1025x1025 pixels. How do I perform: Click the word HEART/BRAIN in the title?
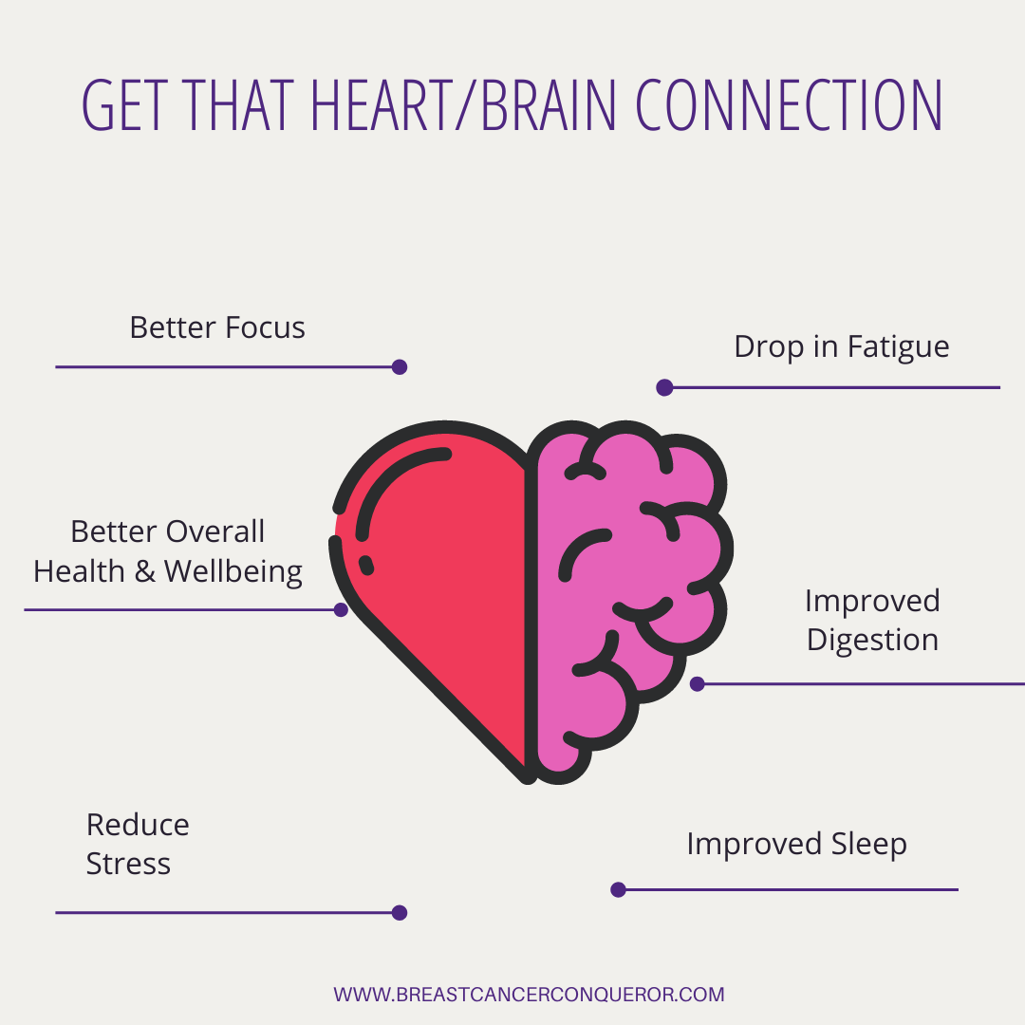coord(463,104)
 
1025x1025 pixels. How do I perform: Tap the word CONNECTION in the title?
coord(789,104)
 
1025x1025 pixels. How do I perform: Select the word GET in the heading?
coord(122,104)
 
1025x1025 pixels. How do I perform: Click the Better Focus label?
coord(217,327)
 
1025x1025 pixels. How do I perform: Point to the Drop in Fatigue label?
coord(841,347)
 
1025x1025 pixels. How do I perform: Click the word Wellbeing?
coord(233,572)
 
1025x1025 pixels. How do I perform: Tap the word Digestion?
coord(873,640)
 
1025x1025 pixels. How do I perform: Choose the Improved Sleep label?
coord(797,845)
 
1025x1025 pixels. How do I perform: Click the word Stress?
coord(128,865)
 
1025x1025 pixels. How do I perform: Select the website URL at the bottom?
coord(529,995)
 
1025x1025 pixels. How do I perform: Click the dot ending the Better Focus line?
coord(400,366)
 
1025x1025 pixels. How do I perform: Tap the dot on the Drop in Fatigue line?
coord(664,387)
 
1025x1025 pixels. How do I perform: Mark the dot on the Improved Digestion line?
coord(698,683)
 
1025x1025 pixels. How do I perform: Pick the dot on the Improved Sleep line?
coord(619,889)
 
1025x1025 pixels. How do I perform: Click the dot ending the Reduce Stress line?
coord(400,913)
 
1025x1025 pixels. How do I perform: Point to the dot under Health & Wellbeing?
coord(341,610)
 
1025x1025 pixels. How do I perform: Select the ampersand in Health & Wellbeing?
coord(144,572)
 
